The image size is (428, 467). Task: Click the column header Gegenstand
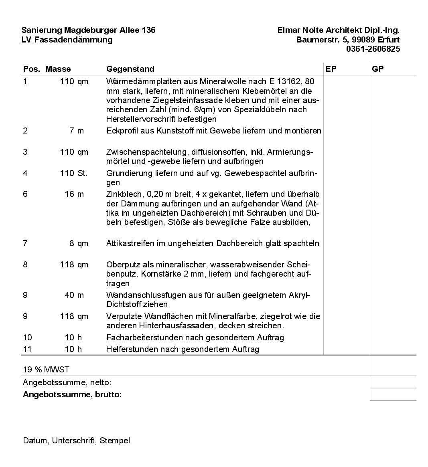[x=130, y=69]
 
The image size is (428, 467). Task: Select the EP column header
[x=331, y=69]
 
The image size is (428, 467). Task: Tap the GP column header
[x=377, y=69]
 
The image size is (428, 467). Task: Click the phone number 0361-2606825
[x=373, y=49]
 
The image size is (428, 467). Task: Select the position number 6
[x=25, y=194]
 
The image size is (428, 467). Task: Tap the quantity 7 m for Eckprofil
[x=77, y=131]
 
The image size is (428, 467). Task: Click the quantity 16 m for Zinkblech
[x=74, y=194]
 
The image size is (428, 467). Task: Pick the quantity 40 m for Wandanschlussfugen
[x=74, y=295]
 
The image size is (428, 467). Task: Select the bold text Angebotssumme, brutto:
[x=72, y=394]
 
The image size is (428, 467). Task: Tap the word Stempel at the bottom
[x=115, y=441]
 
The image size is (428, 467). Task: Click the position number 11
[x=27, y=349]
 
